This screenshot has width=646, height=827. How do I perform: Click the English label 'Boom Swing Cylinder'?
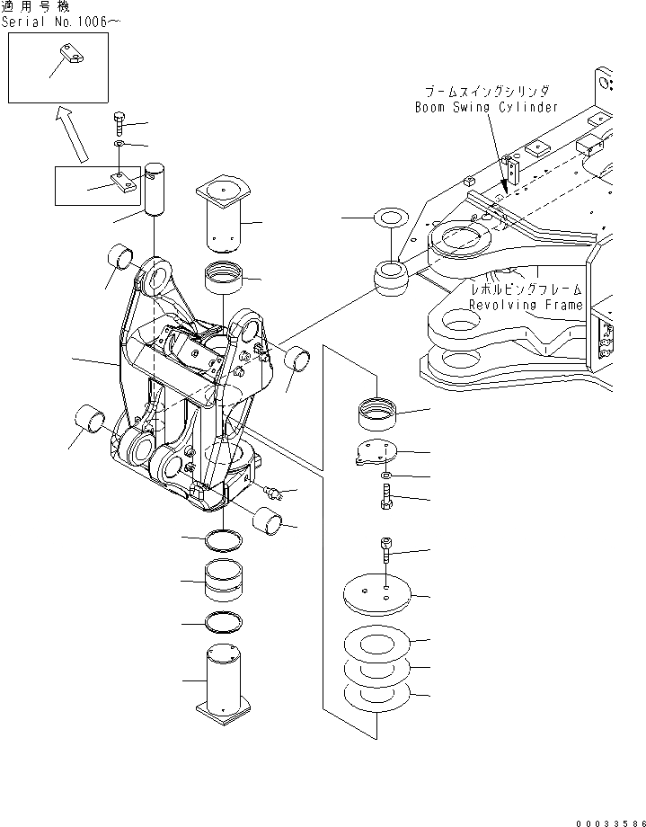tap(486, 106)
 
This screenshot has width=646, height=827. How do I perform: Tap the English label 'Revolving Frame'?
tap(527, 305)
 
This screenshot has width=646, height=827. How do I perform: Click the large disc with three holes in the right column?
tap(377, 595)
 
